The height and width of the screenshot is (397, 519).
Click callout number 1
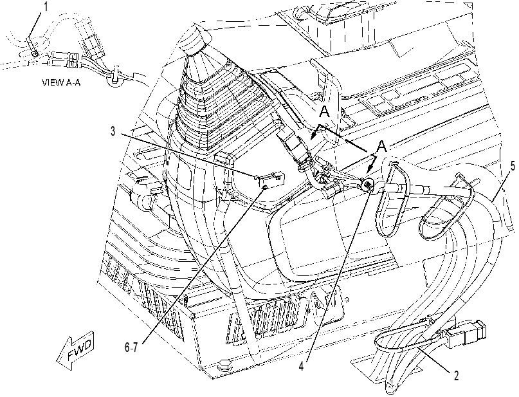click(46, 7)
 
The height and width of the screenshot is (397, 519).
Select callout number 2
click(457, 376)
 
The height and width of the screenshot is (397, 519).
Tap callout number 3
click(113, 131)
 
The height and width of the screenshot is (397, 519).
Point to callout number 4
click(301, 366)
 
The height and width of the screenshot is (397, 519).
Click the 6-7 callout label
click(131, 347)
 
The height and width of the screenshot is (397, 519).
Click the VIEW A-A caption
click(61, 82)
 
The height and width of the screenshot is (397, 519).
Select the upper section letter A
click(325, 112)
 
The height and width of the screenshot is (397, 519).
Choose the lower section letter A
click(382, 145)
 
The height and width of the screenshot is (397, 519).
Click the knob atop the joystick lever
click(193, 40)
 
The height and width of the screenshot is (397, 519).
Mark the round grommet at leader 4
click(367, 185)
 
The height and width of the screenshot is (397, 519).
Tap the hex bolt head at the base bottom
click(223, 364)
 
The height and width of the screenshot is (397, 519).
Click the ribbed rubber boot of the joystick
click(212, 106)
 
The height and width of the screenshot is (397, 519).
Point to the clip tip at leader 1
click(34, 53)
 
